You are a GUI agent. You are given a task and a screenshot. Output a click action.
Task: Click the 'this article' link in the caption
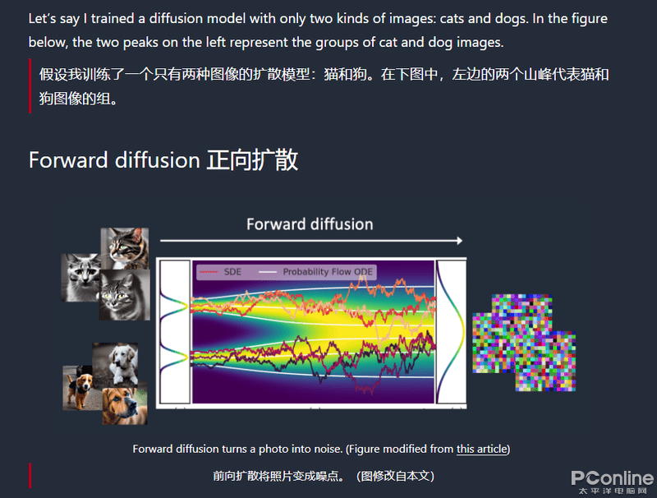coord(481,449)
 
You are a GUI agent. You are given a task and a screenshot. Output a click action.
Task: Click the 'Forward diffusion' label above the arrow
coord(310,224)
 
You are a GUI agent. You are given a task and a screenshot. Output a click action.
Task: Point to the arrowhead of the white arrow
coord(460,241)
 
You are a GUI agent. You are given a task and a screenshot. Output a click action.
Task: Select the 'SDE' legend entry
coord(219,272)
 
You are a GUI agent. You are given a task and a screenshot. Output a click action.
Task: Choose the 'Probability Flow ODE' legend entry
coord(315,272)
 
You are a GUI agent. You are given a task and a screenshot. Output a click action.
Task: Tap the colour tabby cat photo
coord(125,248)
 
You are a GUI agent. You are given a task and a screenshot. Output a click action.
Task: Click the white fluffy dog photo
coord(116,363)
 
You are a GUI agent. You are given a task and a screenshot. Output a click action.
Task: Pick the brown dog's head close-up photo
coord(125,403)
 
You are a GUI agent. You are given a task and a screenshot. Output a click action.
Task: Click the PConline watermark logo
coord(612,482)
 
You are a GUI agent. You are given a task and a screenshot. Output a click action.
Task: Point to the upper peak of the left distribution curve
coord(186,307)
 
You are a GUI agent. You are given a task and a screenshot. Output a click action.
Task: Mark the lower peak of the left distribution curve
coord(186,357)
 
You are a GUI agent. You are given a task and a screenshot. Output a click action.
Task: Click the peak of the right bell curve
coord(464,331)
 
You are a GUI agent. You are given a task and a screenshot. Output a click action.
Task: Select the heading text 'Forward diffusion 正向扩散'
coord(163,160)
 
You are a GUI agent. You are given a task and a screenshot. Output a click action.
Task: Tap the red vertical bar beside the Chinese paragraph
coord(30,86)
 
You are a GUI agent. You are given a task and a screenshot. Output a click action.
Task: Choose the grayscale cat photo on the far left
coord(80,278)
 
